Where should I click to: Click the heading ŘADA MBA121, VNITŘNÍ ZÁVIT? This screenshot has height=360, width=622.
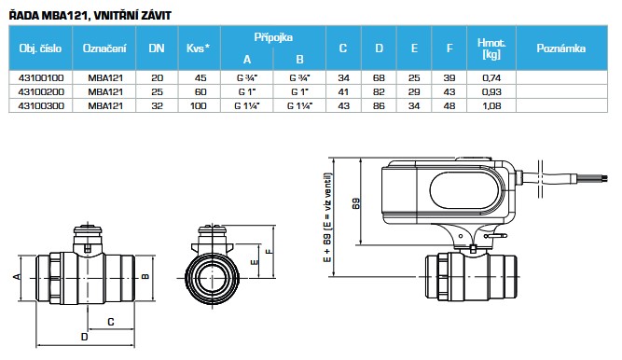point(90,16)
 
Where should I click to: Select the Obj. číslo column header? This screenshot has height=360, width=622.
point(40,48)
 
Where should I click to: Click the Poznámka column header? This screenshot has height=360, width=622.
point(560,48)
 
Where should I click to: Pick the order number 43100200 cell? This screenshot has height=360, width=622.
point(41,92)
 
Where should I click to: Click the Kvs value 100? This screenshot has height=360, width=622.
point(199,106)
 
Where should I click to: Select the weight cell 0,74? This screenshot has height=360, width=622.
point(491,78)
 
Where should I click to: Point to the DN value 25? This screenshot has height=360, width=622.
point(157,92)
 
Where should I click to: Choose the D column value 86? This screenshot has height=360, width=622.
point(379,106)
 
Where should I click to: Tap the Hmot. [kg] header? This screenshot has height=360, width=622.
point(491,48)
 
